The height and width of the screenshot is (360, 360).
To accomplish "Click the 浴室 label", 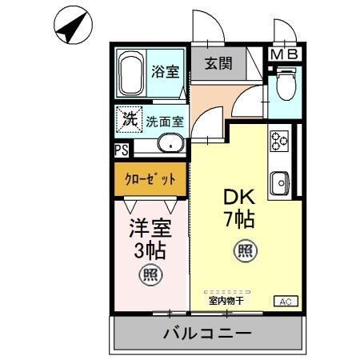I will [x=166, y=70].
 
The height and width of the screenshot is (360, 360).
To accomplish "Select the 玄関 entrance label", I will [x=218, y=64].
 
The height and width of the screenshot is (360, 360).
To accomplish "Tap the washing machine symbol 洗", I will [x=129, y=120].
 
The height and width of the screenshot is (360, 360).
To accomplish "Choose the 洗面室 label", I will [x=164, y=122].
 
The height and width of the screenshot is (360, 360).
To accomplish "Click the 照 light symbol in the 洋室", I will [x=149, y=276].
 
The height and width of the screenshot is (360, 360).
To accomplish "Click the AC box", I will [x=285, y=301].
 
